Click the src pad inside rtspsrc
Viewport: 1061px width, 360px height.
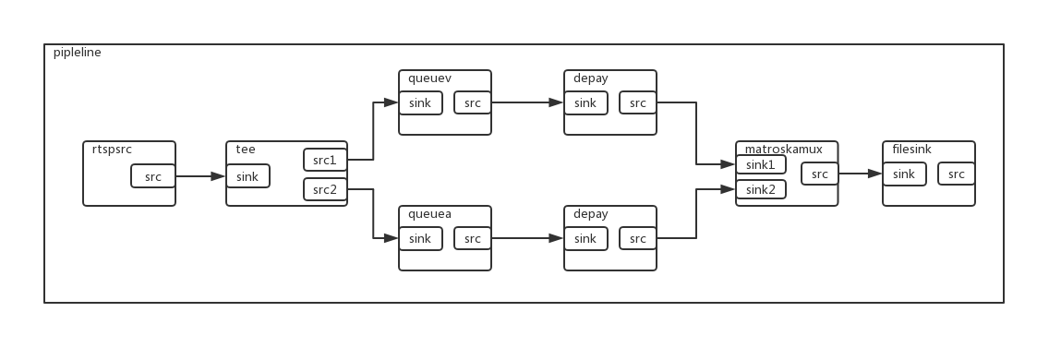pyautogui.click(x=152, y=176)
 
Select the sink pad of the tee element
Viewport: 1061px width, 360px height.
pyautogui.click(x=247, y=176)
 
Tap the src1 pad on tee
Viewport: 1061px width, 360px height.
pyautogui.click(x=325, y=160)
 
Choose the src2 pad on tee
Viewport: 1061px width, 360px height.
pyautogui.click(x=325, y=190)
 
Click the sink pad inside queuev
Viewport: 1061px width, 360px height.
pyautogui.click(x=420, y=102)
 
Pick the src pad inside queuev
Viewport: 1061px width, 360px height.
pyautogui.click(x=472, y=102)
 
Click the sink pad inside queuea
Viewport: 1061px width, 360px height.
pyautogui.click(x=420, y=238)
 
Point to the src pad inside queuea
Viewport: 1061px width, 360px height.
pyautogui.click(x=472, y=238)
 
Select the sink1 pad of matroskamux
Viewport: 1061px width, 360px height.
pyautogui.click(x=761, y=164)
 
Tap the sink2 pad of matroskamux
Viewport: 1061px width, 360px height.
pyautogui.click(x=761, y=189)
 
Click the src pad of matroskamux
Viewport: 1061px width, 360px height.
pyautogui.click(x=819, y=174)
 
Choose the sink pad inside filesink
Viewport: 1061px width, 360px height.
pyautogui.click(x=904, y=174)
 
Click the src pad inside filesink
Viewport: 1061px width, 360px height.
pyautogui.click(x=956, y=174)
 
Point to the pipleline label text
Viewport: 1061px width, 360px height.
pyautogui.click(x=78, y=53)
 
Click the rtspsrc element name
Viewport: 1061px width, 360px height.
pyautogui.click(x=113, y=149)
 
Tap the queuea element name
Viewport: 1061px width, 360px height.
pyautogui.click(x=429, y=213)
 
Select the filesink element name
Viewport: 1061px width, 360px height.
pyautogui.click(x=911, y=149)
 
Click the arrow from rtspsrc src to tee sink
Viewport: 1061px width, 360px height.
pyautogui.click(x=200, y=175)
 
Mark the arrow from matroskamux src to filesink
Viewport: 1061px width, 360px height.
pyautogui.click(x=860, y=173)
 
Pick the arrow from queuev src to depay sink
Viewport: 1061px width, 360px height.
pyautogui.click(x=527, y=102)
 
